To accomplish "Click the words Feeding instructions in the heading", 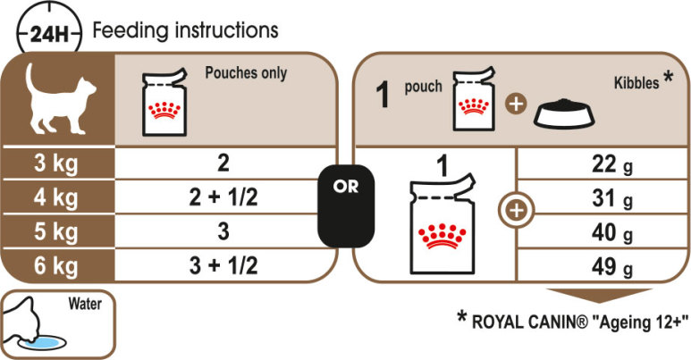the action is (186, 31).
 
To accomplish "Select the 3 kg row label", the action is (56, 163).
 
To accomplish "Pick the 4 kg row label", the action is (56, 197).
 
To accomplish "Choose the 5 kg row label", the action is (56, 231).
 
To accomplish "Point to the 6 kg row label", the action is (56, 266).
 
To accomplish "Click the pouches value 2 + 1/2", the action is (223, 197).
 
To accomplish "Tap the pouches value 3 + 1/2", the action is (223, 265).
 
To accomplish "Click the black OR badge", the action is (346, 205).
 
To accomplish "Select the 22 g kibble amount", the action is (611, 164).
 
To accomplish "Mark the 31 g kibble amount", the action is (611, 198).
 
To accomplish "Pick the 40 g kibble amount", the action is (611, 232).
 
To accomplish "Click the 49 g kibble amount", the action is (611, 266).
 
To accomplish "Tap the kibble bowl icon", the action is (564, 113).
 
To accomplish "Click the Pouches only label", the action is (246, 73).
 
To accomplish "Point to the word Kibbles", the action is (636, 82).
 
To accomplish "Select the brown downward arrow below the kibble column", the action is (599, 296).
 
